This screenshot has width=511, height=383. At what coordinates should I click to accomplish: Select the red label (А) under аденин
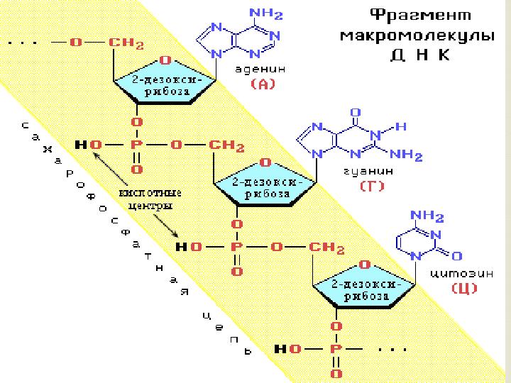[264, 84]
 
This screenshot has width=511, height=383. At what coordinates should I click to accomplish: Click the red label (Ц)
[463, 288]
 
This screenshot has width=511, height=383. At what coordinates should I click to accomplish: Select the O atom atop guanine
[356, 113]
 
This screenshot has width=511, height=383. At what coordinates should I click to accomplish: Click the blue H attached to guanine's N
[401, 128]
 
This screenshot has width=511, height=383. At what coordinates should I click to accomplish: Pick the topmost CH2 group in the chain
[126, 43]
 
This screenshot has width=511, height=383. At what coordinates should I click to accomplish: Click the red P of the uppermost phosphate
[137, 145]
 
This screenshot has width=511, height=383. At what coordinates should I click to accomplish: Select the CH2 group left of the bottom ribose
[326, 248]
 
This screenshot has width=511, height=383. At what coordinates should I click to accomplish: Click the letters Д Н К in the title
[419, 55]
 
